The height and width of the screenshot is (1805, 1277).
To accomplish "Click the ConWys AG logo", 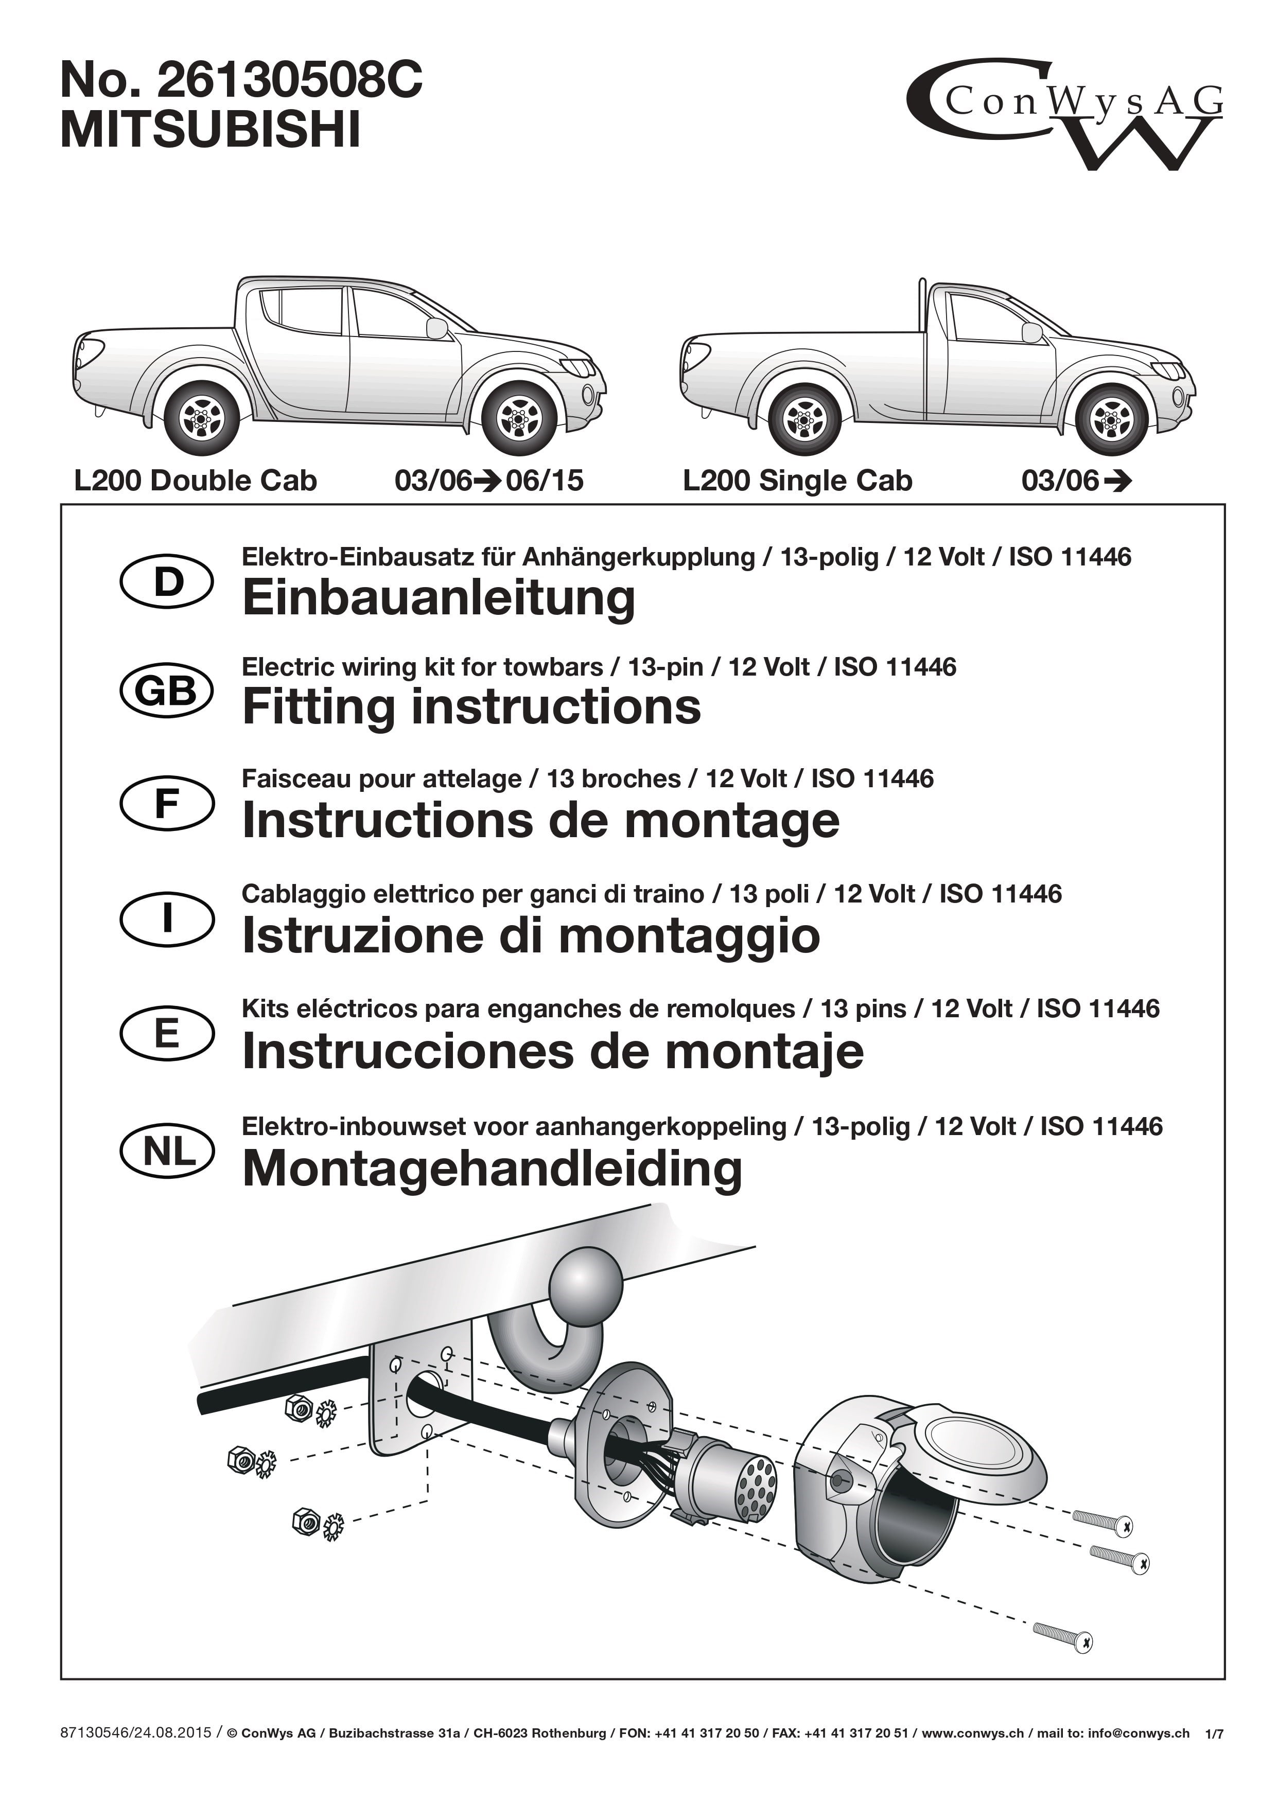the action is click(x=1065, y=114).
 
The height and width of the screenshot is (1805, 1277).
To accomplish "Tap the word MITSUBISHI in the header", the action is click(x=211, y=130).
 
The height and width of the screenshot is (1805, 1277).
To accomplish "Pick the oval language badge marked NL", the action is click(x=167, y=1152).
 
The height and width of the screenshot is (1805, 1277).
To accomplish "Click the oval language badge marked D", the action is click(x=167, y=582).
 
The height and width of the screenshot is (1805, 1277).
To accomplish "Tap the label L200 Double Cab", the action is click(x=195, y=481).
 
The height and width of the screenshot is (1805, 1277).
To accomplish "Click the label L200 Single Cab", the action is click(x=797, y=481).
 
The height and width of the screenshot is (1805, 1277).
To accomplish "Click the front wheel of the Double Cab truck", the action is click(x=519, y=417).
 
